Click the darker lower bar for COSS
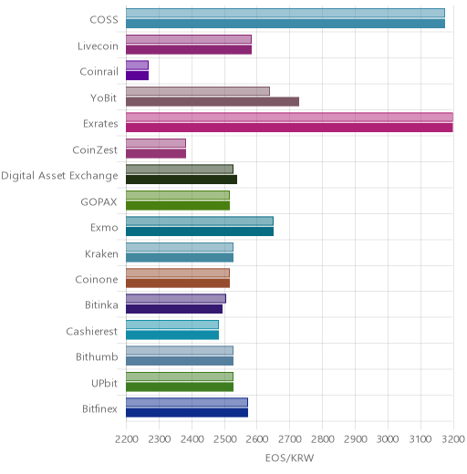[x=285, y=24]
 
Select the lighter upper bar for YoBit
[x=198, y=91]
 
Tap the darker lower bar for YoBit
[x=213, y=102]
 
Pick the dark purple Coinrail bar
[x=138, y=76]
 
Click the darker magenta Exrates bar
[x=289, y=128]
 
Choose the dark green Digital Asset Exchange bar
[x=182, y=180]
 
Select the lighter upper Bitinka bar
[x=176, y=299]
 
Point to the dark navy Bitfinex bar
[x=187, y=413]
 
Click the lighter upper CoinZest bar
[x=156, y=143]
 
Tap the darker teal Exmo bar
[x=200, y=232]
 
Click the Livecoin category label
[x=98, y=46]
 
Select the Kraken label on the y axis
[x=101, y=253]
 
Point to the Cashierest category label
[x=92, y=331]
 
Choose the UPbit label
[x=104, y=383]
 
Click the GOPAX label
[x=99, y=202]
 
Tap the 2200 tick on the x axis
[x=127, y=439]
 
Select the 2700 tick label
[x=290, y=439]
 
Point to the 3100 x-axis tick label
[x=420, y=439]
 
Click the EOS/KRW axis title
[x=289, y=458]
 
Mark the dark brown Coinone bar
[x=178, y=283]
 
